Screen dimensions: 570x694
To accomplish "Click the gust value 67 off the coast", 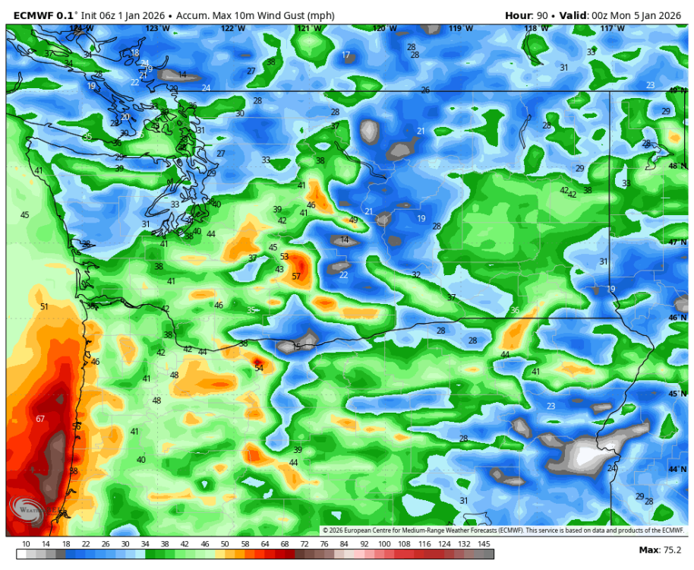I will tap(40, 419).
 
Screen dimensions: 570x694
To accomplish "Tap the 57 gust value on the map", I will tap(296, 277).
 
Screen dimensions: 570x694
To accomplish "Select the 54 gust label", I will tap(259, 368).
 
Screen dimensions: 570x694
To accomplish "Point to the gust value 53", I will tap(285, 257).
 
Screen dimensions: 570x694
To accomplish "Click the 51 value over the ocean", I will tap(44, 306).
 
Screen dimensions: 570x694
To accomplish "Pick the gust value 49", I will tap(353, 220).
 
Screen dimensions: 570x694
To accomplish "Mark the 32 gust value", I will tap(416, 275).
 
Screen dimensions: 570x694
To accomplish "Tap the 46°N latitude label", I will tap(677, 318).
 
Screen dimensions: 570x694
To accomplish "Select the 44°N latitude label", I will tap(677, 469).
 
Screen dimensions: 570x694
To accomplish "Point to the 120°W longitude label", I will tap(385, 28).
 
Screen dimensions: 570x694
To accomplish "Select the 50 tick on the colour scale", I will tap(226, 543).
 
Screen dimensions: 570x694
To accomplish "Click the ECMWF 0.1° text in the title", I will tap(46, 15).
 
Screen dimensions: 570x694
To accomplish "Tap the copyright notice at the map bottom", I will tap(503, 530).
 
